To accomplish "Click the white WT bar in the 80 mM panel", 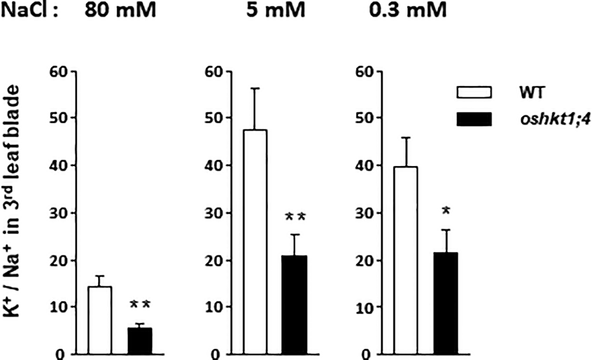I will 100,321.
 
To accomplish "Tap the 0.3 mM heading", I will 419,11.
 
